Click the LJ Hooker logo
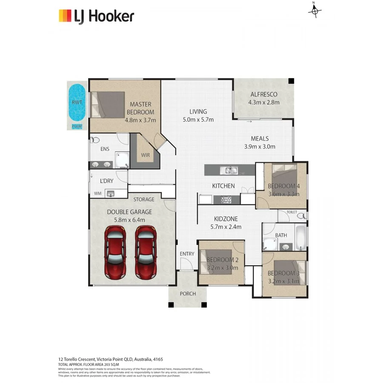point(96,16)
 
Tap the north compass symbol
point(314,11)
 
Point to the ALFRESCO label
point(264,94)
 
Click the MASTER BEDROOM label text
point(140,108)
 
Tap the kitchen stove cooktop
point(225,199)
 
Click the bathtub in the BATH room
point(300,238)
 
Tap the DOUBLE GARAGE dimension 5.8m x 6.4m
point(129,220)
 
